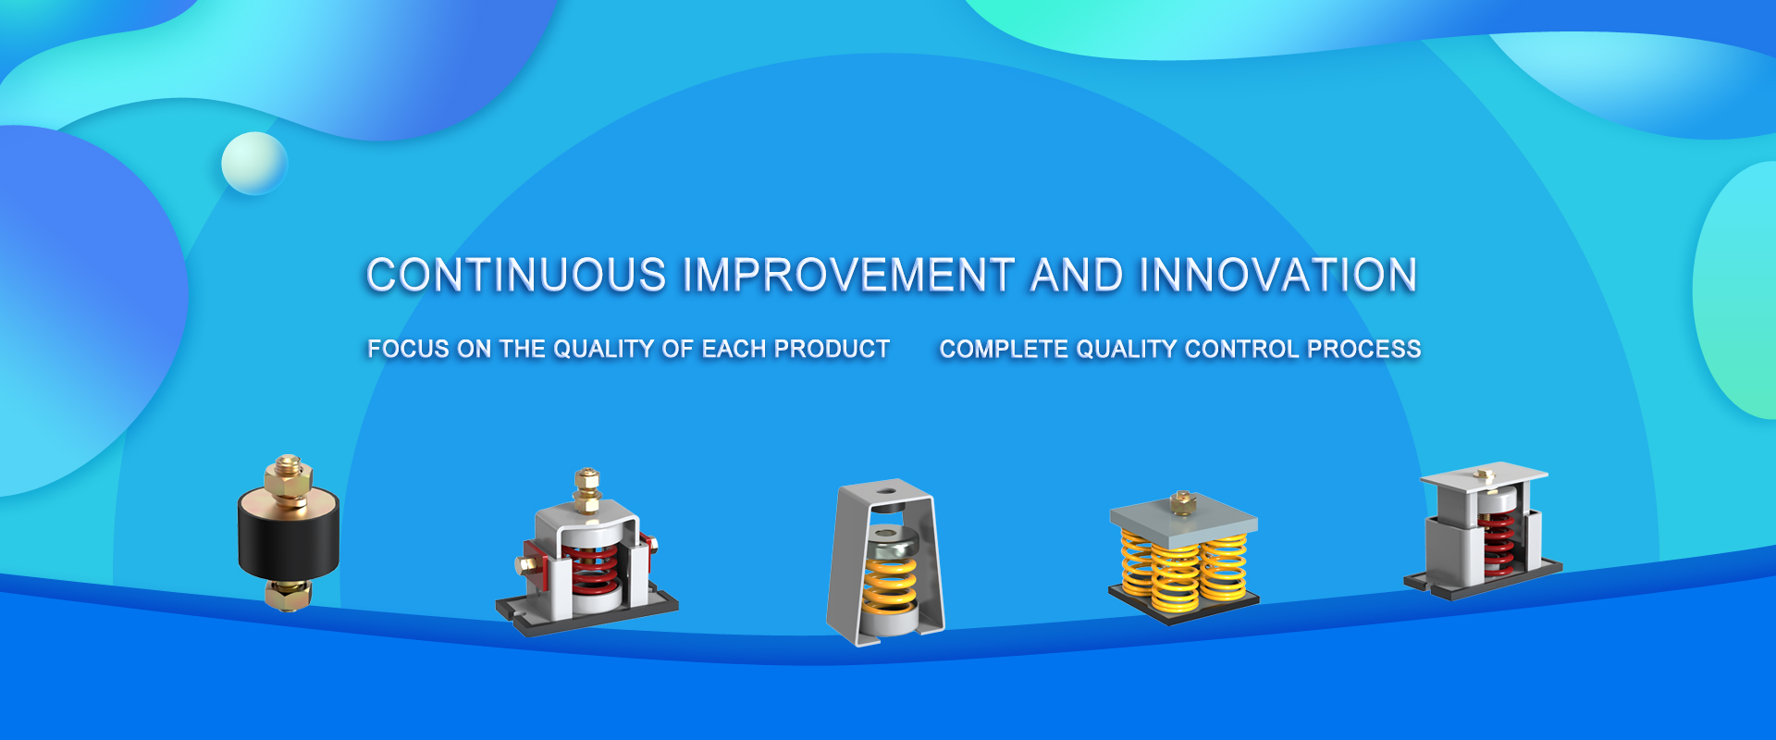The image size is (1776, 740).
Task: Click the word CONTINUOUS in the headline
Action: click(516, 275)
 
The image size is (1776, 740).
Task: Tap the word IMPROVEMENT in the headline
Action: click(848, 275)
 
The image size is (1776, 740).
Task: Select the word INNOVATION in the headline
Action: click(1278, 275)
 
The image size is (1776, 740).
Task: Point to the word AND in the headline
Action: click(1078, 275)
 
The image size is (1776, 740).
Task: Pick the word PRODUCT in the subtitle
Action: click(832, 349)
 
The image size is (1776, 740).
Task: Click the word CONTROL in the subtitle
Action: click(1242, 349)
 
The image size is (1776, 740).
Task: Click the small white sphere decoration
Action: click(254, 164)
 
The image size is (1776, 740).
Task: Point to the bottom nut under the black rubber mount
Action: click(288, 594)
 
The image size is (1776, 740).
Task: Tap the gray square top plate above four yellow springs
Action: click(1183, 517)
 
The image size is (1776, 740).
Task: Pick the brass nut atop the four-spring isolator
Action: click(1182, 502)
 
